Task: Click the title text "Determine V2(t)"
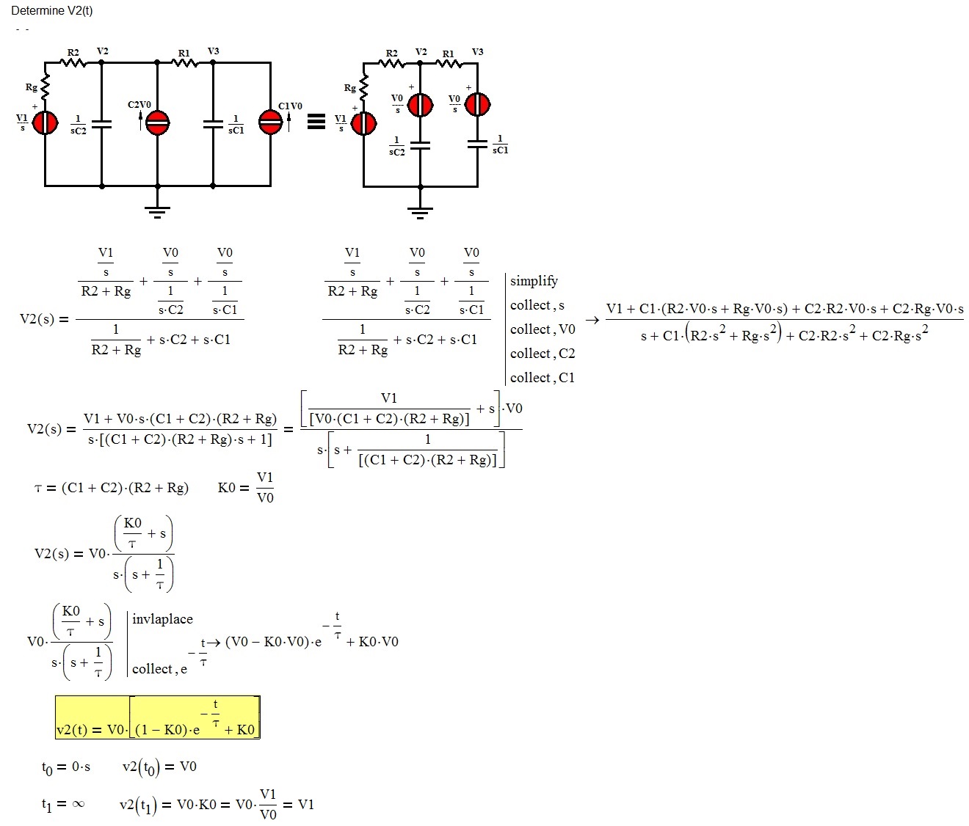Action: point(51,11)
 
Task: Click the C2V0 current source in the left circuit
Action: point(157,123)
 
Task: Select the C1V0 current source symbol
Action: point(270,123)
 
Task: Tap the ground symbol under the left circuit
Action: point(157,212)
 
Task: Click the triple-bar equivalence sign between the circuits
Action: point(316,122)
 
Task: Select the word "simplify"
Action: point(534,281)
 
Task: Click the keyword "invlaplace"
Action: point(162,619)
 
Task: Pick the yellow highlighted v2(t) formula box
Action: point(157,717)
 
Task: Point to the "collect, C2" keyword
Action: point(542,354)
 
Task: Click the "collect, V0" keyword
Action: point(542,329)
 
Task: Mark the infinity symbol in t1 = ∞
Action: point(77,804)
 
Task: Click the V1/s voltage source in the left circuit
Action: point(46,123)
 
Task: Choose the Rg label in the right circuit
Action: point(350,88)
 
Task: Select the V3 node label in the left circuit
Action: point(213,51)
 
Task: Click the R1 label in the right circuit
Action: point(448,54)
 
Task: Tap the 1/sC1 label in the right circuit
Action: point(500,144)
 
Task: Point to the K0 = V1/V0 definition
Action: point(246,488)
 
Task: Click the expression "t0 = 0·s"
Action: point(66,767)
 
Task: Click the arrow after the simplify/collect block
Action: point(592,321)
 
